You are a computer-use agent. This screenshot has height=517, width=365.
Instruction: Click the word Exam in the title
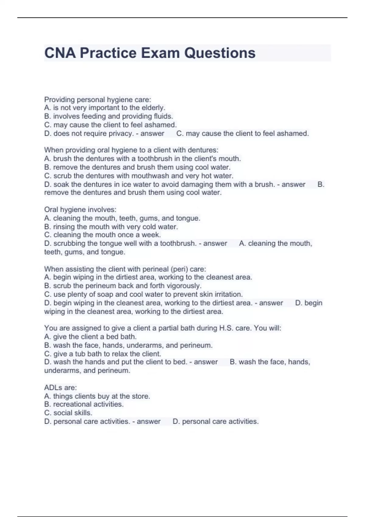tap(160, 53)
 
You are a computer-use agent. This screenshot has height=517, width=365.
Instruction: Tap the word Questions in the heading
tap(220, 53)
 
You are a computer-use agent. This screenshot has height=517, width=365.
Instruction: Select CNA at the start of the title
tap(60, 53)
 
